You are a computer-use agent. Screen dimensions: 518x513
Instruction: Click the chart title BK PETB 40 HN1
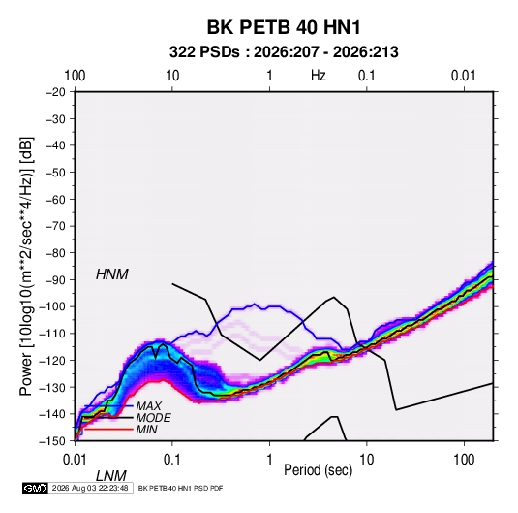pyautogui.click(x=284, y=27)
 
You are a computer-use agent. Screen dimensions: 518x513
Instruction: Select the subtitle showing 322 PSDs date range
pyautogui.click(x=284, y=52)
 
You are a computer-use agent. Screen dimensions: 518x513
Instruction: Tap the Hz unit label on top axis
pyautogui.click(x=319, y=76)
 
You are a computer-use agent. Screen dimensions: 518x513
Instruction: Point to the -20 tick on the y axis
pyautogui.click(x=55, y=92)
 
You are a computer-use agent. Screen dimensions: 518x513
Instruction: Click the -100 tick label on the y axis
pyautogui.click(x=52, y=306)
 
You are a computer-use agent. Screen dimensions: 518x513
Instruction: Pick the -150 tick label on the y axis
pyautogui.click(x=52, y=441)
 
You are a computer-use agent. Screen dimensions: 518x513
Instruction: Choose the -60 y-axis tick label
pyautogui.click(x=55, y=199)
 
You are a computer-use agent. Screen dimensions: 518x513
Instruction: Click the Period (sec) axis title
pyautogui.click(x=319, y=470)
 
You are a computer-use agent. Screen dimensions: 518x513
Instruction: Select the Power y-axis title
pyautogui.click(x=26, y=267)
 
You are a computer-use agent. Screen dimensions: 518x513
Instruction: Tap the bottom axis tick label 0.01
pyautogui.click(x=75, y=460)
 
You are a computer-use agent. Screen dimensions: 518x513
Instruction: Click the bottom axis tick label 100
pyautogui.click(x=464, y=460)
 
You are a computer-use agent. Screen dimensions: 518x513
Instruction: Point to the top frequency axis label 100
pyautogui.click(x=75, y=76)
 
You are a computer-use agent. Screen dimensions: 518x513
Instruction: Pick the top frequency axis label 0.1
pyautogui.click(x=367, y=76)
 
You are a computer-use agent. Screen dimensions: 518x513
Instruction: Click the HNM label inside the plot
pyautogui.click(x=112, y=274)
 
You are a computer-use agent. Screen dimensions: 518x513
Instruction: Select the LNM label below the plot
pyautogui.click(x=111, y=476)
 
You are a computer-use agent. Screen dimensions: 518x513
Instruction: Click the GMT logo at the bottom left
pyautogui.click(x=36, y=488)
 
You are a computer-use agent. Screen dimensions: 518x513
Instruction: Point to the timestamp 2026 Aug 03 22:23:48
pyautogui.click(x=90, y=488)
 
